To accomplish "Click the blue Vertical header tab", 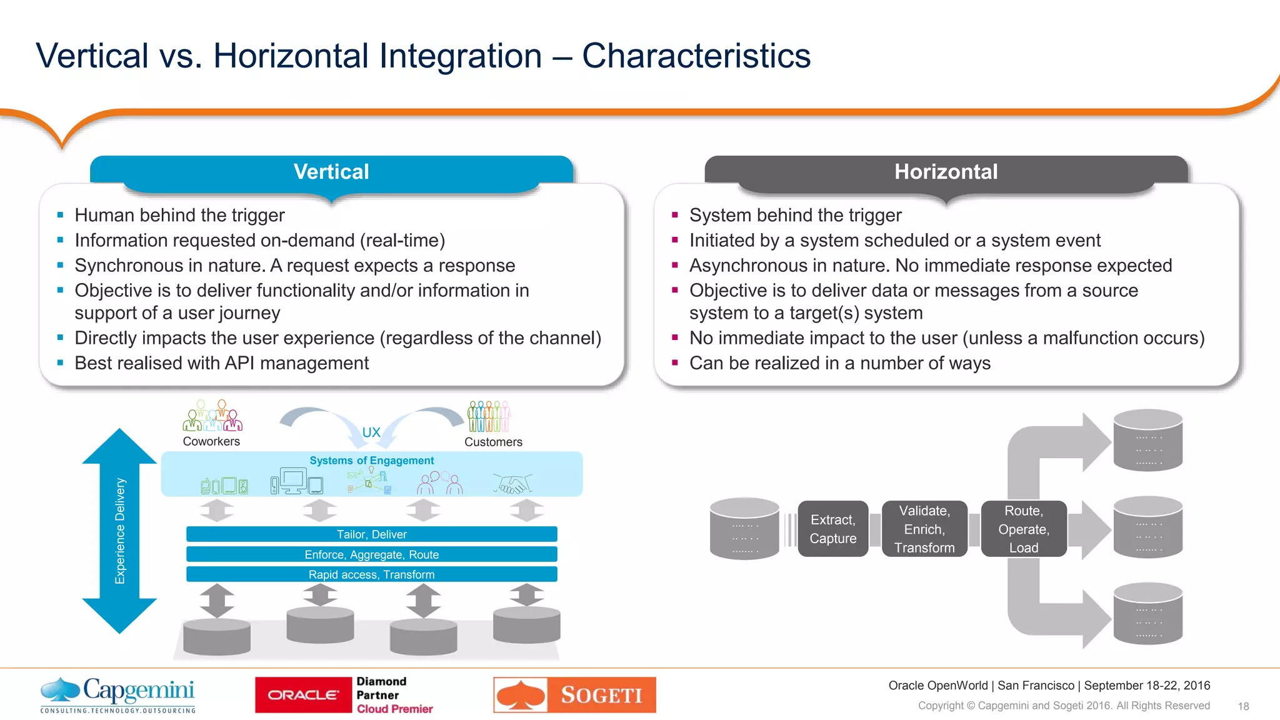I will click(x=331, y=172).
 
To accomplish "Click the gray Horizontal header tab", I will click(x=946, y=172).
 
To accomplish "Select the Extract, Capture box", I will click(x=832, y=529).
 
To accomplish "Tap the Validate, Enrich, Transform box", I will click(x=924, y=529).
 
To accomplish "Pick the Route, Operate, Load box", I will click(x=1023, y=529).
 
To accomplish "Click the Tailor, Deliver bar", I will click(x=371, y=534).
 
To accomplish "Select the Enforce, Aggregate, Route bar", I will click(x=371, y=554).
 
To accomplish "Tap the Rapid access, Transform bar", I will click(x=371, y=574).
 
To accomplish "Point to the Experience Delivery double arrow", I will click(x=119, y=531).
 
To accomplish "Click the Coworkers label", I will click(x=211, y=441).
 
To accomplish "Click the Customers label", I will click(x=493, y=442).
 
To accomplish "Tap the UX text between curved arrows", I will click(x=371, y=432).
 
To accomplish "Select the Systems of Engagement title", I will click(x=371, y=461).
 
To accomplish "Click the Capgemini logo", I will click(x=118, y=694).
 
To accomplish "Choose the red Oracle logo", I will click(x=303, y=695).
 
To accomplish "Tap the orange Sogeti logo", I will click(x=574, y=695).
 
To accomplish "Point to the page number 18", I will click(x=1243, y=706).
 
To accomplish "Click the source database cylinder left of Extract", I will click(x=744, y=529).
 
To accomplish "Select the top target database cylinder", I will click(x=1147, y=440).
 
